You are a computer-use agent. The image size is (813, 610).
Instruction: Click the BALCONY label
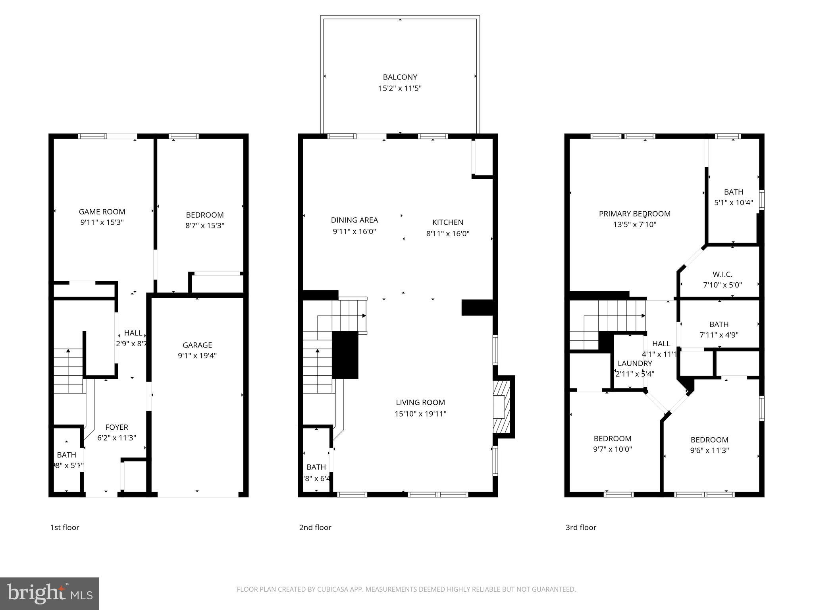tap(400, 77)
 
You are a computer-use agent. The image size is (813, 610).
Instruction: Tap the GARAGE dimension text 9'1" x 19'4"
tap(197, 356)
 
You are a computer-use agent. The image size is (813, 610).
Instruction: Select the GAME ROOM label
tap(102, 212)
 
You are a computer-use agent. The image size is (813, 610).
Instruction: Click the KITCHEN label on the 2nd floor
tap(448, 222)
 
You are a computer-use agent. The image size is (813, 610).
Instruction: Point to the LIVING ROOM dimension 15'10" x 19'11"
tap(420, 414)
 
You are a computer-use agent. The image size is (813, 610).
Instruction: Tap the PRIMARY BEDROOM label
tap(634, 214)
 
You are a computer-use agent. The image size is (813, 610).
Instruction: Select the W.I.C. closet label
tap(722, 274)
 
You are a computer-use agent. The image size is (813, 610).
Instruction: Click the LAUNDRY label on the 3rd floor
tap(635, 363)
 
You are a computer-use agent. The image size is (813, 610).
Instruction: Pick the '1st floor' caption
tap(65, 527)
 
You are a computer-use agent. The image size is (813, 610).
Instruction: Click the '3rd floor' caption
tap(581, 527)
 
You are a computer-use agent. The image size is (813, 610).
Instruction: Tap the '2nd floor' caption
tap(315, 527)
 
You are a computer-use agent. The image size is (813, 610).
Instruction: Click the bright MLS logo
tap(50, 594)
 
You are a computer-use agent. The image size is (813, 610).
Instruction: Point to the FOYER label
tap(117, 427)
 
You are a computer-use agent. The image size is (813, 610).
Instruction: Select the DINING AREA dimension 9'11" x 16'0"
tap(354, 231)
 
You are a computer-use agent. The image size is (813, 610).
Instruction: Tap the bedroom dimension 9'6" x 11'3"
tap(709, 450)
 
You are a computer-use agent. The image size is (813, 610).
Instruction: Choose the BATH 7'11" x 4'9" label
tap(719, 324)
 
